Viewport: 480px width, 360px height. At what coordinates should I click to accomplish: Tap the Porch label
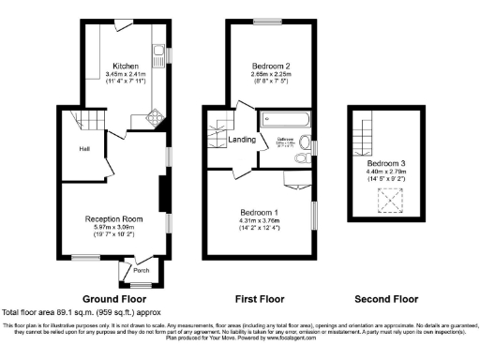[142, 271]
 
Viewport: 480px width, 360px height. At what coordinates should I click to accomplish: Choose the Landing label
[241, 140]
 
